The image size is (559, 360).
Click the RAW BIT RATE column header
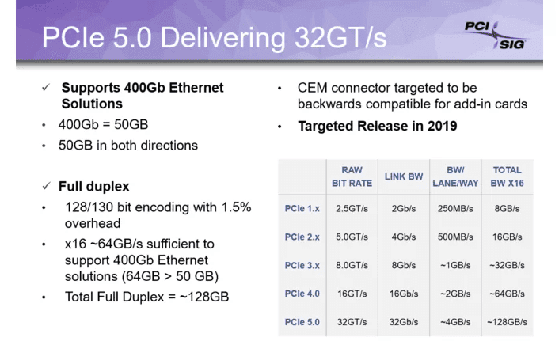coord(352,176)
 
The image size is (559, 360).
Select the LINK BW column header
coord(403,176)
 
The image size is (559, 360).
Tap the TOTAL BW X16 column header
coord(507,176)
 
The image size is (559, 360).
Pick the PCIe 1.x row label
coord(302,209)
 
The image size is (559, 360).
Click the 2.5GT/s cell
coord(352,209)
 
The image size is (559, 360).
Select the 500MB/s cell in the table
coord(455,237)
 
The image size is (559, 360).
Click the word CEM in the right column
coord(314,88)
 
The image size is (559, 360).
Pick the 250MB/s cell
coord(455,209)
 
